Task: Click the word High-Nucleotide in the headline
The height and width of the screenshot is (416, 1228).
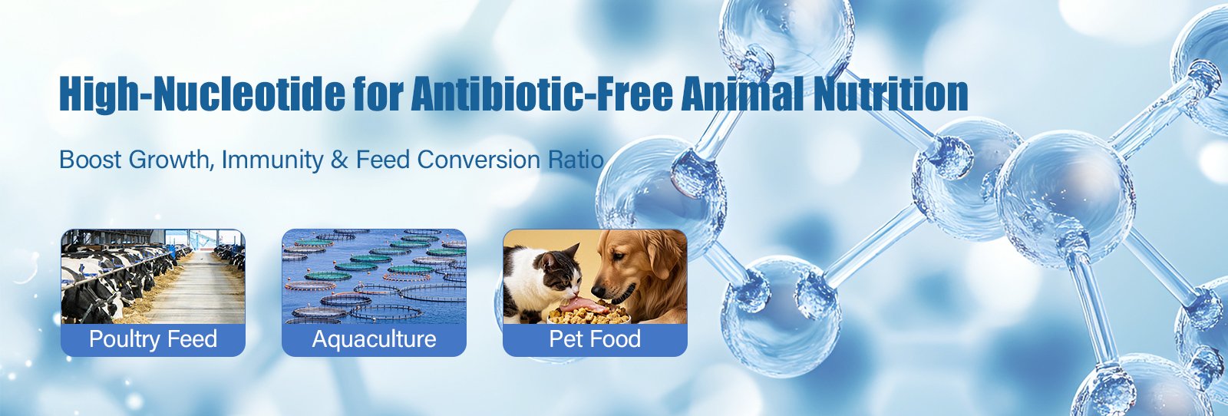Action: [x=202, y=94]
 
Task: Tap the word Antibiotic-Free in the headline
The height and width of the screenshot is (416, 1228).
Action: [x=542, y=94]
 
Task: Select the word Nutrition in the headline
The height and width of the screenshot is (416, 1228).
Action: [x=890, y=94]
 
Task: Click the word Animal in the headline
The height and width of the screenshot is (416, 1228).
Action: [x=742, y=94]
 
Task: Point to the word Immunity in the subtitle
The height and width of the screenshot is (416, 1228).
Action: [x=272, y=160]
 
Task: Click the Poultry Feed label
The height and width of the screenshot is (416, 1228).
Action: [x=153, y=339]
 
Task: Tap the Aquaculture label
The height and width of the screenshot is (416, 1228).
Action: [x=374, y=339]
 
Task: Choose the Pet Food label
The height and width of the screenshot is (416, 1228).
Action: [x=595, y=339]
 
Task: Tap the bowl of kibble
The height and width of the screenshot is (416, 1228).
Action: [x=588, y=315]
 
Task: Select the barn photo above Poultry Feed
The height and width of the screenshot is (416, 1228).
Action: [x=153, y=276]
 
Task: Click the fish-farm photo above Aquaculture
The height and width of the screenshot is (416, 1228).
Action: [x=374, y=276]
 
